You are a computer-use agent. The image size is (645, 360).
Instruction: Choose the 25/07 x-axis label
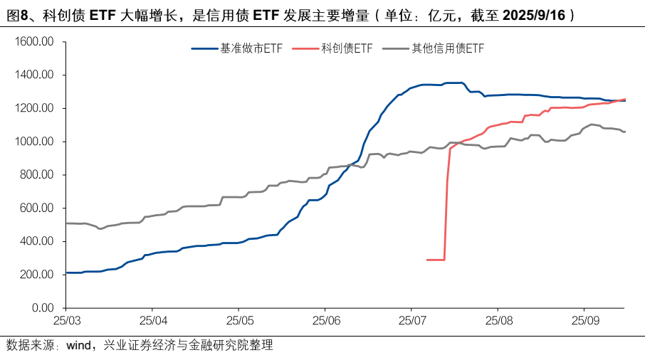tap(411, 321)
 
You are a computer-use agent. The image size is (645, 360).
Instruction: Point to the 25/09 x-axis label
tap(584, 321)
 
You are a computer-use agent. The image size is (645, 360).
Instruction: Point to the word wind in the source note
tap(78, 346)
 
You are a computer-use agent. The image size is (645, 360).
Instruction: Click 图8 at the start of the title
tap(14, 14)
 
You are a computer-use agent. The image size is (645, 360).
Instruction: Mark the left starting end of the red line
tap(426, 260)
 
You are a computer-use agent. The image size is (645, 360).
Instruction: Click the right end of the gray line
tap(624, 132)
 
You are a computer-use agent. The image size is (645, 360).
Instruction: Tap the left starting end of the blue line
tap(66, 272)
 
